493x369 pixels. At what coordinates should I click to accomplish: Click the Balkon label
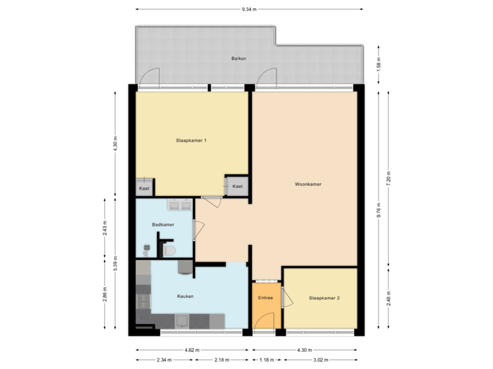click(238, 59)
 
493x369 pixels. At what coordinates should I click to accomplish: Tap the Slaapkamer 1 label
click(192, 140)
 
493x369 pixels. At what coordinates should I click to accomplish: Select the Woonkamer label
click(308, 184)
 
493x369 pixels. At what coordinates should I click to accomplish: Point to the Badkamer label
click(163, 224)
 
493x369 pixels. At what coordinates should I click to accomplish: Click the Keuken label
click(185, 296)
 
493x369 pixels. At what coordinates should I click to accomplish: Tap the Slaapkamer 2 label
click(325, 298)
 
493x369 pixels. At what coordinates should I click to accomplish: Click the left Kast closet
click(144, 188)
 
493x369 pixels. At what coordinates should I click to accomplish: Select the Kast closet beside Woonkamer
click(237, 186)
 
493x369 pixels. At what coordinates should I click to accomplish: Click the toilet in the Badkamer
click(171, 252)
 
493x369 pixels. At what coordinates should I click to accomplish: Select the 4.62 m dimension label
click(192, 351)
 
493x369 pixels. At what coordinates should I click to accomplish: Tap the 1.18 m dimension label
click(265, 360)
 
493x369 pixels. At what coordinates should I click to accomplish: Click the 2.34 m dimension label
click(164, 360)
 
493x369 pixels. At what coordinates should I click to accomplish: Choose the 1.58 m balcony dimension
click(378, 64)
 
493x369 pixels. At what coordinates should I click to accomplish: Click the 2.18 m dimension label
click(221, 360)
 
